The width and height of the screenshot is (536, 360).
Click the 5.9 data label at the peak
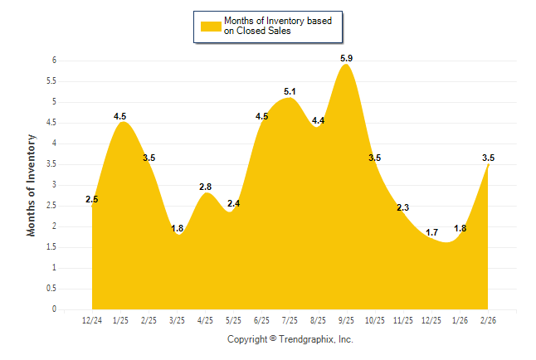(347, 58)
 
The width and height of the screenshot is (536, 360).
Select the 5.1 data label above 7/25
(290, 91)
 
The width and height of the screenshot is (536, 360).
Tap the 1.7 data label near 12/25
(431, 232)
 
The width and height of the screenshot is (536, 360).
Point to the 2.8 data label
(205, 187)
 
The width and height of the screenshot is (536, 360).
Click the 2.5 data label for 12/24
(92, 199)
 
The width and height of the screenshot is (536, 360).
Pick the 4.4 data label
(318, 121)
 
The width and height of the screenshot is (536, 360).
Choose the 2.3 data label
(402, 207)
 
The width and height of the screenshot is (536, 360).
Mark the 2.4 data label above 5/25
(233, 203)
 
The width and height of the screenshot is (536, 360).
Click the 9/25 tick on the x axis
(347, 320)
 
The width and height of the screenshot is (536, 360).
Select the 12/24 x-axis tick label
(92, 320)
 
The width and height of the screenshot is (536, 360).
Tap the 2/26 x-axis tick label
(489, 320)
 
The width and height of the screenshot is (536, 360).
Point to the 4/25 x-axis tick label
(205, 320)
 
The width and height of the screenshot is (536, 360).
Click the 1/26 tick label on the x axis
(460, 320)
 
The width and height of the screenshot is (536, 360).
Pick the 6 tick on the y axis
(53, 61)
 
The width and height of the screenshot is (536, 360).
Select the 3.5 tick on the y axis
(51, 164)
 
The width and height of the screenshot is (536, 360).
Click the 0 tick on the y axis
(53, 309)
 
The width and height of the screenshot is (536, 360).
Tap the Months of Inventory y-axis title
(32, 185)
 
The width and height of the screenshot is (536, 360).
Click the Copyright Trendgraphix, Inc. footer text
(290, 339)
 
